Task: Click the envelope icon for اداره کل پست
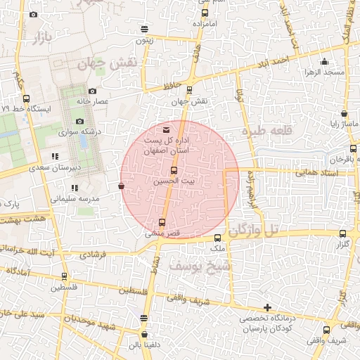[x=166, y=130]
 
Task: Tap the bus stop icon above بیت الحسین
[x=174, y=171]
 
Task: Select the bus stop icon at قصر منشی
[x=162, y=223]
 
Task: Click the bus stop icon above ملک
[x=217, y=238]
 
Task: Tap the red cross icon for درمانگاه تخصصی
[x=267, y=307]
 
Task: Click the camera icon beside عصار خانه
[x=93, y=91]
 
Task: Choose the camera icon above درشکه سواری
[x=79, y=121]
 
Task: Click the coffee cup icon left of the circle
[x=121, y=186]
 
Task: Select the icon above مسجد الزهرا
[x=324, y=62]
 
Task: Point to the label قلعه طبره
[x=261, y=131]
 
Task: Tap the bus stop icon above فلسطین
[x=64, y=276]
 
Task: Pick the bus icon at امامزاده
[x=205, y=13]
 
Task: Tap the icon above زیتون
[x=144, y=30]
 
